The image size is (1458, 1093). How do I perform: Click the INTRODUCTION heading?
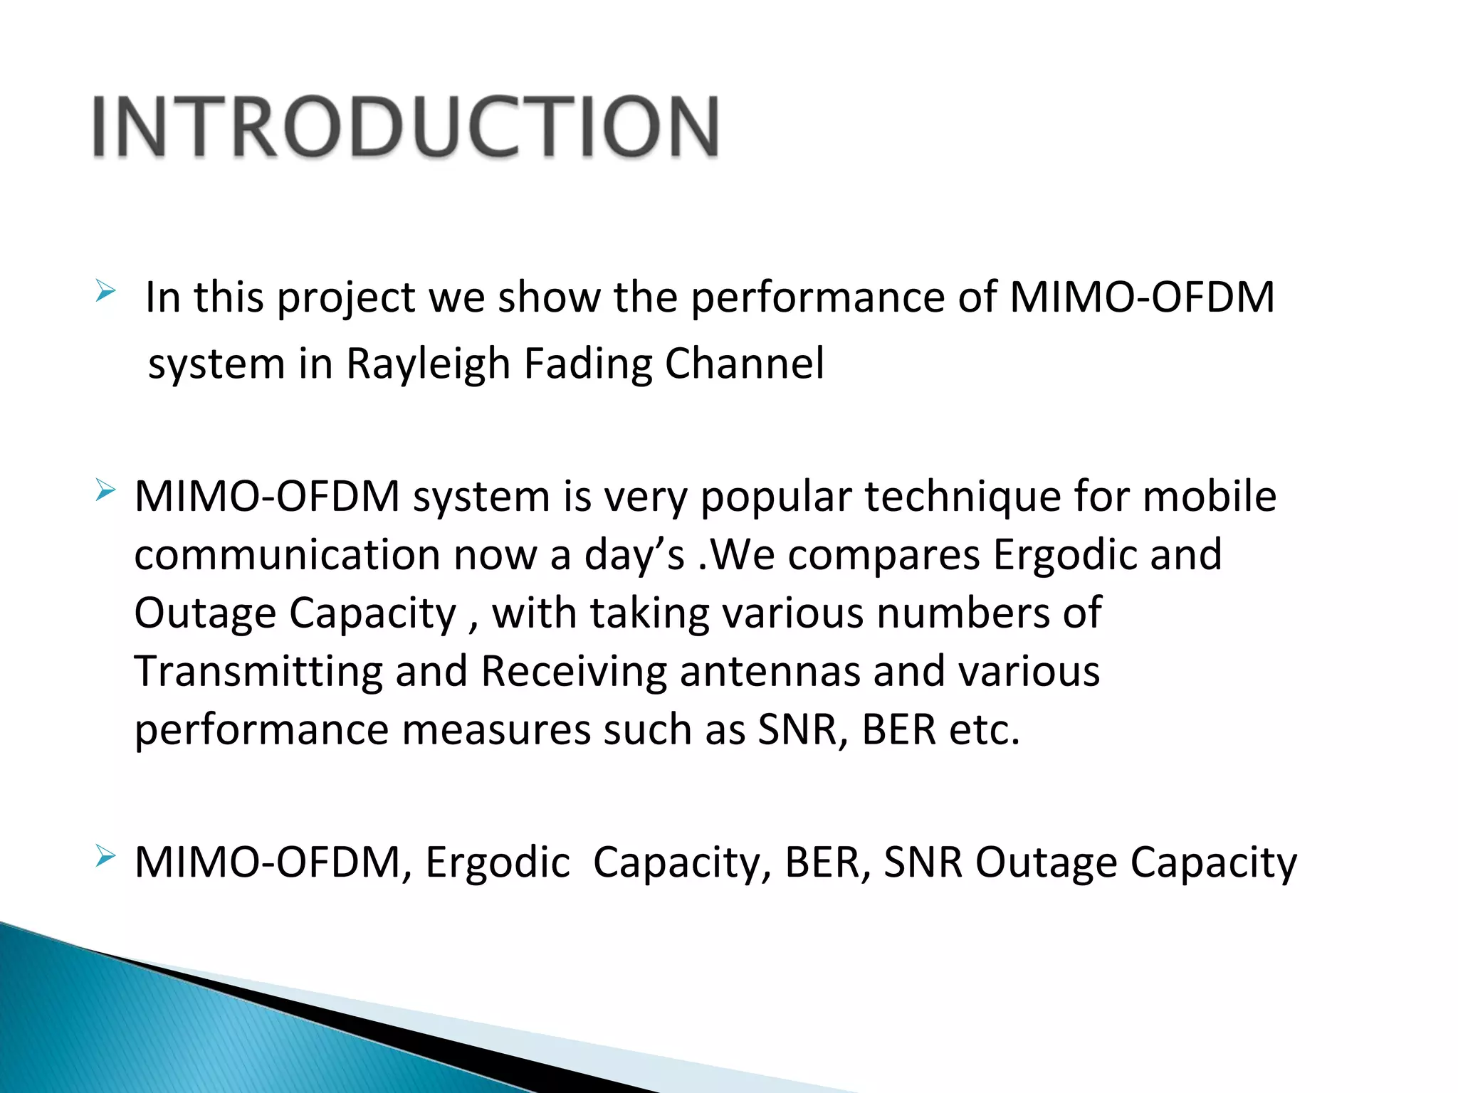tap(406, 127)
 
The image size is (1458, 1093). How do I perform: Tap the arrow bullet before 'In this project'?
tap(105, 290)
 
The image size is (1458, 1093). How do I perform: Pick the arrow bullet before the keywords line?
tap(105, 856)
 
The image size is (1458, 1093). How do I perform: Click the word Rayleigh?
tap(428, 364)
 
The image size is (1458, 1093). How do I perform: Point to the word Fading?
tap(587, 364)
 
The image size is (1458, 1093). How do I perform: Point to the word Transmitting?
tap(258, 672)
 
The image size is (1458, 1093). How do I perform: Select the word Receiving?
tap(574, 672)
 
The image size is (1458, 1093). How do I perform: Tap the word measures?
tap(495, 731)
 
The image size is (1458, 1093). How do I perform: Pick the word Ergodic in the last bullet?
tap(498, 863)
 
